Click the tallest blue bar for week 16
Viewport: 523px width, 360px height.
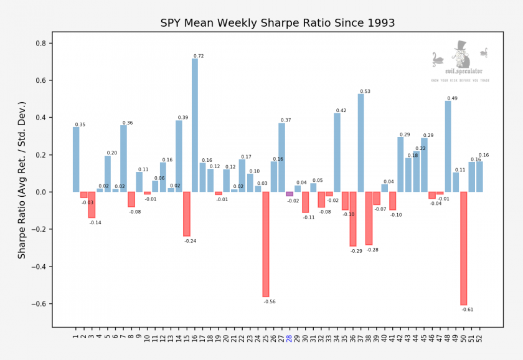(195, 125)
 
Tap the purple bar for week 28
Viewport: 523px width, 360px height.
(290, 194)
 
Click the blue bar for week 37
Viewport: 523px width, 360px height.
(361, 143)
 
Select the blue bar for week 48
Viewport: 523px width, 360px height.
(448, 146)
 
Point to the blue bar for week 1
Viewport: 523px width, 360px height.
(76, 159)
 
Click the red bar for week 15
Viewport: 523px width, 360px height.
(187, 214)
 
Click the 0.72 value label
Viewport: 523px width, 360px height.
(199, 56)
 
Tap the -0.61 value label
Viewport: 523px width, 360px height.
(468, 310)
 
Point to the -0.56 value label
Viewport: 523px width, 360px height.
(270, 301)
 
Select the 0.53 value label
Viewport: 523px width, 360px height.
(365, 92)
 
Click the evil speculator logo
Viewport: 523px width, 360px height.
(460, 62)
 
